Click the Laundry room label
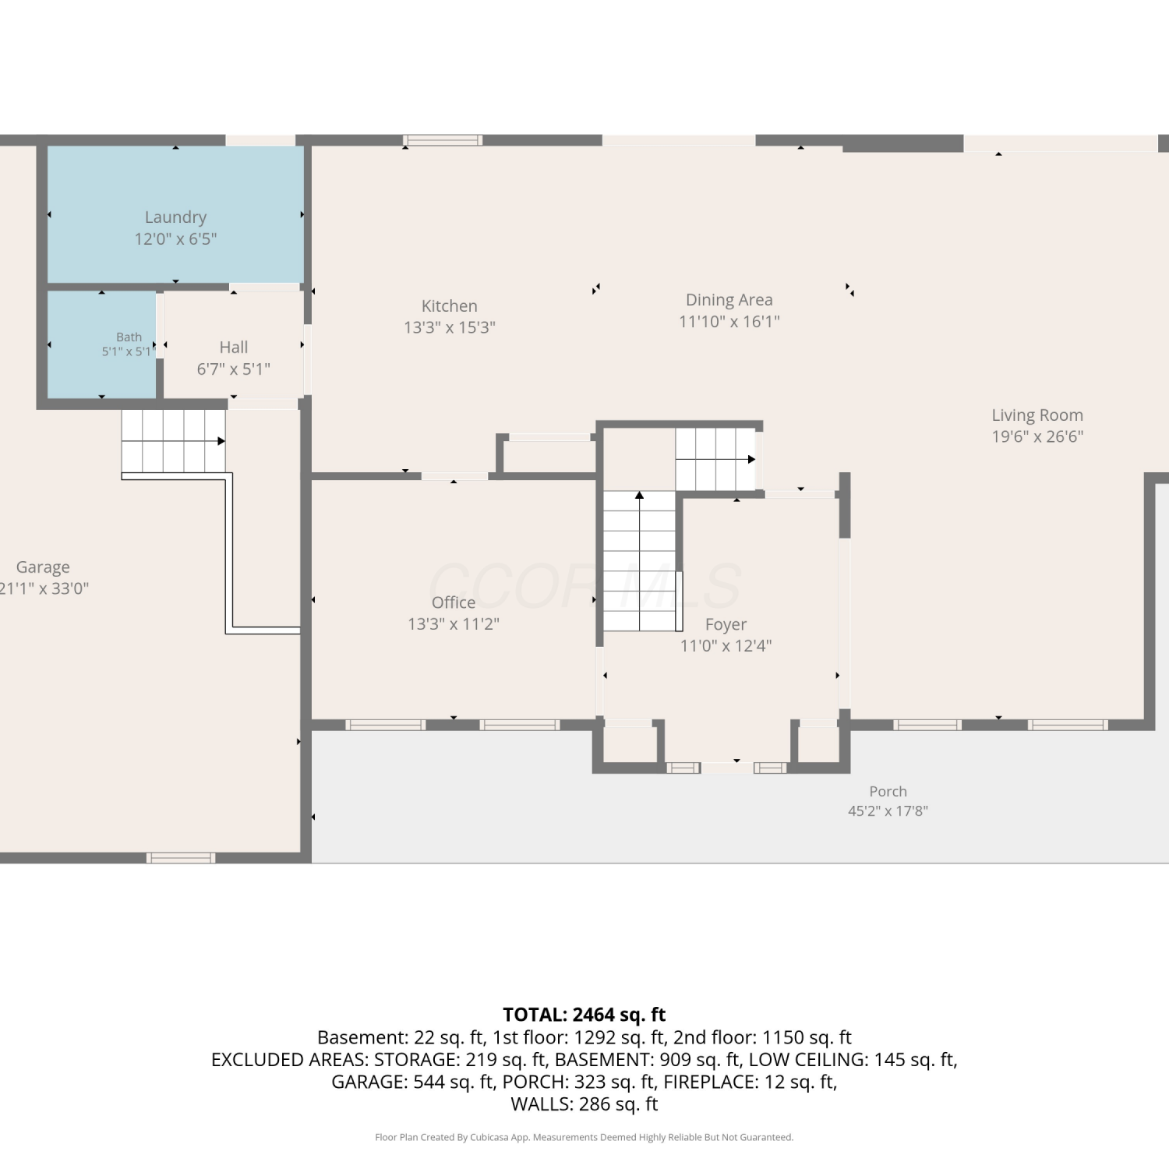[x=175, y=217]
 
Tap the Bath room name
[x=129, y=337]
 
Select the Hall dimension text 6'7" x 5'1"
[x=234, y=369]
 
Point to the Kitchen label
[x=450, y=305]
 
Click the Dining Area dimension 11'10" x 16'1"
[x=729, y=321]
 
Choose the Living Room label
[x=1037, y=415]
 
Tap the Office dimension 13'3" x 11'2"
[x=454, y=623]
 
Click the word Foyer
[x=726, y=625]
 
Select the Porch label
[x=888, y=791]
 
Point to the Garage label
[x=43, y=567]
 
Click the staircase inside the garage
[x=174, y=442]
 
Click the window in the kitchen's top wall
[x=443, y=140]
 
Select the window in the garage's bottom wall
[x=181, y=858]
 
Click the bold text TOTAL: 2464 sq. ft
[x=584, y=1015]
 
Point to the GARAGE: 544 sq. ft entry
[x=412, y=1082]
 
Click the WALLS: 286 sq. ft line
[x=584, y=1104]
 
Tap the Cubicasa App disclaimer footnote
[x=584, y=1137]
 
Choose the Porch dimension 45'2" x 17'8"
[x=888, y=811]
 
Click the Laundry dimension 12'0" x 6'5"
[x=175, y=239]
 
